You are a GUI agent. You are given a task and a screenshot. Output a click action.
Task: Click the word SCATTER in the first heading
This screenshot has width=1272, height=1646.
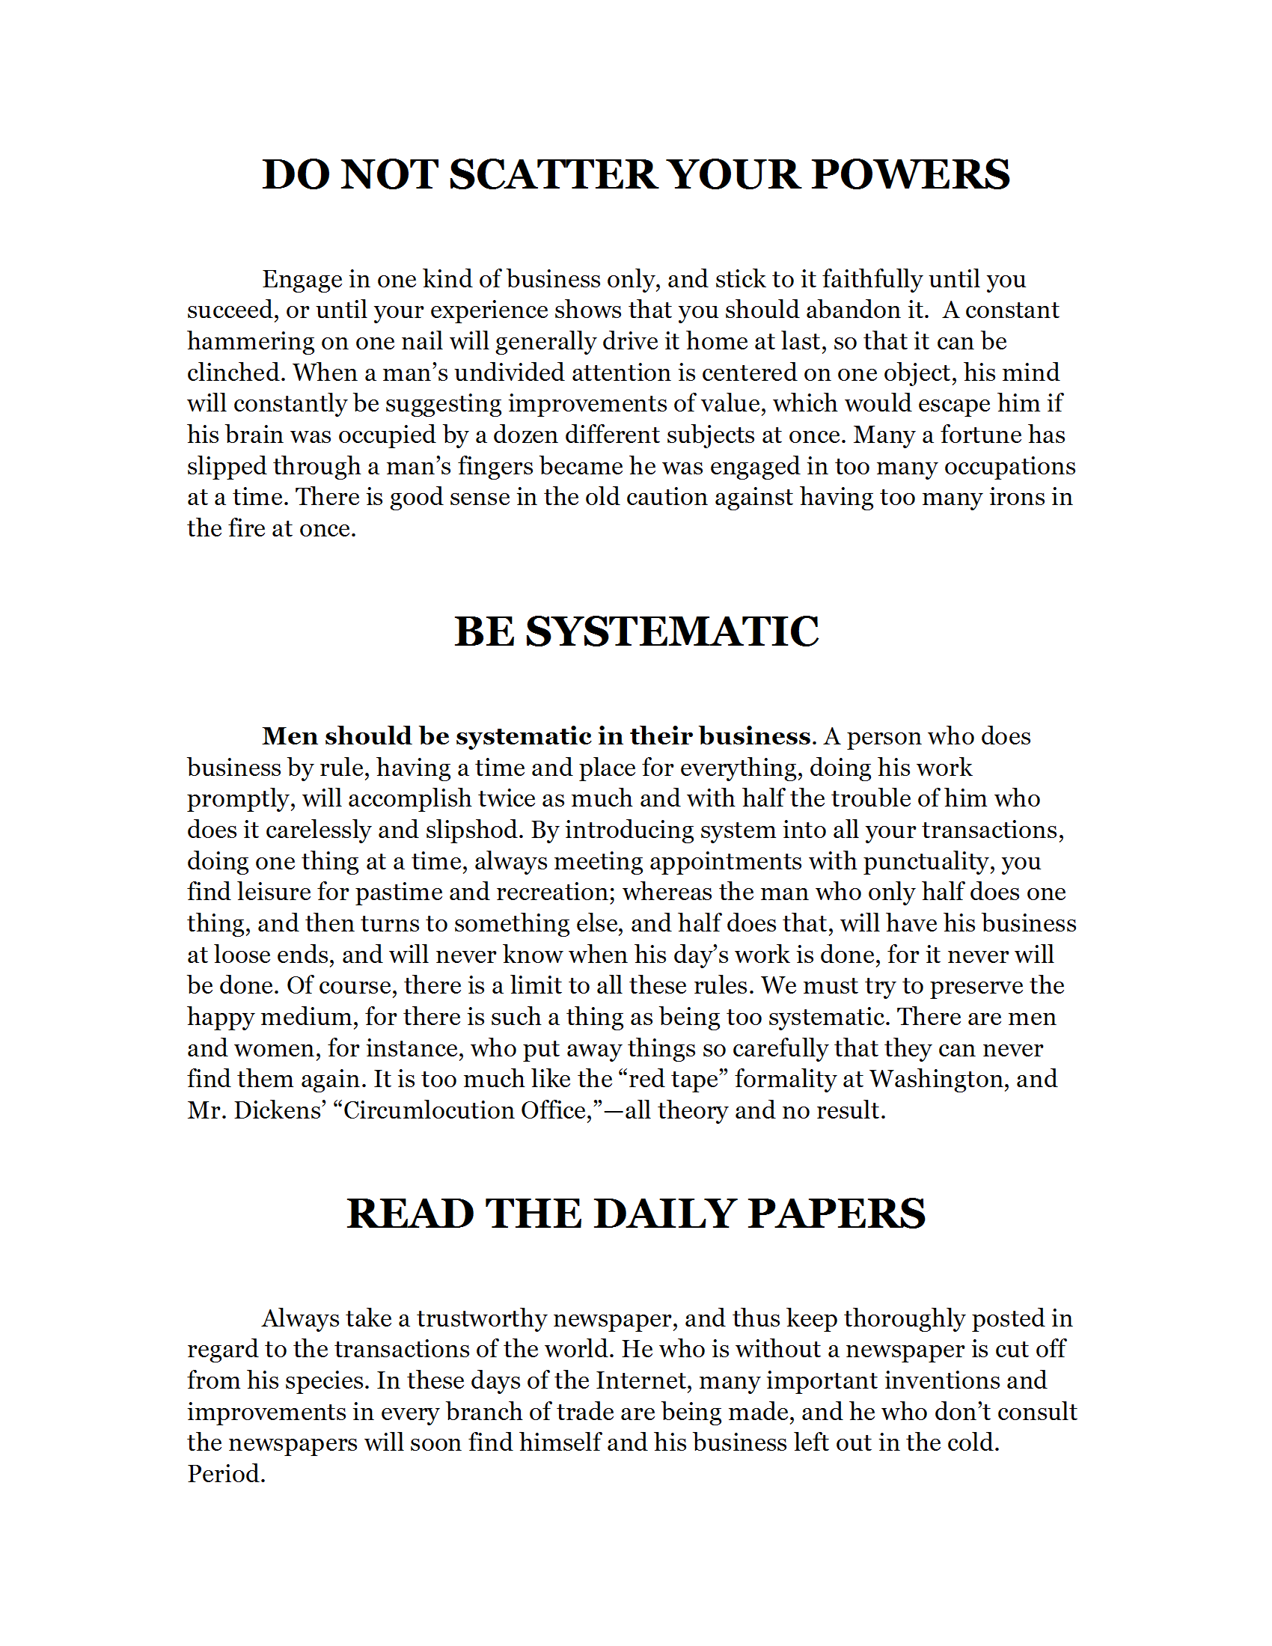tap(554, 175)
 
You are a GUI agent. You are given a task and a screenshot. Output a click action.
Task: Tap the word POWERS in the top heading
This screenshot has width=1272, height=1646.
tap(911, 175)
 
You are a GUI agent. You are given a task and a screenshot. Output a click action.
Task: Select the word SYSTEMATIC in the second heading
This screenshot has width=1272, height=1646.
tap(671, 631)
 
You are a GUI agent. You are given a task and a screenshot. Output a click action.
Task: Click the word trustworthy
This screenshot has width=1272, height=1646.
tap(481, 1318)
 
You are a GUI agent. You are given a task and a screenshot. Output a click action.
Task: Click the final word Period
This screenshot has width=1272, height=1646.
tap(226, 1474)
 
